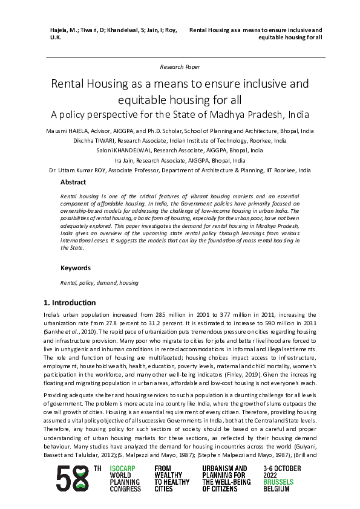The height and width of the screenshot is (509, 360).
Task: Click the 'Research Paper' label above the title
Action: tap(180, 66)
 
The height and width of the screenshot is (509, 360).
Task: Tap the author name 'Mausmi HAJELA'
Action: tap(68, 131)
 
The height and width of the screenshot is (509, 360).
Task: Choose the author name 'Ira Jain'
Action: tap(125, 161)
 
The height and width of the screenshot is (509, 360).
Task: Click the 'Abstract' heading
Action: tap(73, 182)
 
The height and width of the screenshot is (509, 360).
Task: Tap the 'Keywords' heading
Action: tap(75, 268)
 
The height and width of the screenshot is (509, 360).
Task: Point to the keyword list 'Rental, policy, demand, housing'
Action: tap(99, 282)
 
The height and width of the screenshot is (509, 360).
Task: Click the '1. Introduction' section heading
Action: tap(70, 303)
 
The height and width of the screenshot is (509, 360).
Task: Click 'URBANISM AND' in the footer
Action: tap(224, 469)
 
